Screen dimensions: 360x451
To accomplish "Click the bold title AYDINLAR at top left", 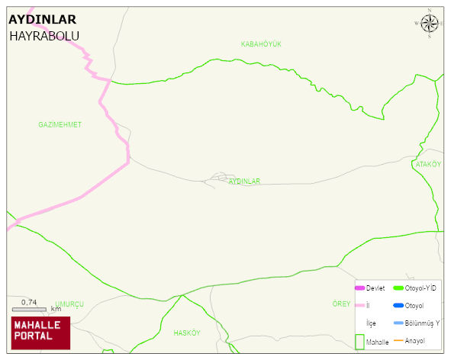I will pyautogui.click(x=42, y=20).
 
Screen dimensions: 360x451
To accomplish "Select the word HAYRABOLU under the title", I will pyautogui.click(x=44, y=36).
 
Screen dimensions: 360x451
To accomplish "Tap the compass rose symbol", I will pyautogui.click(x=430, y=24).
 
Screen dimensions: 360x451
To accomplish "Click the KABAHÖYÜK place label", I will pyautogui.click(x=261, y=44).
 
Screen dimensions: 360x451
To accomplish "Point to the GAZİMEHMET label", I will pyautogui.click(x=60, y=124).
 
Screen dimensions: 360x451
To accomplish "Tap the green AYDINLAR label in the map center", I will pyautogui.click(x=244, y=182).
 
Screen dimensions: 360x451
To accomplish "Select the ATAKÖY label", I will pyautogui.click(x=428, y=164).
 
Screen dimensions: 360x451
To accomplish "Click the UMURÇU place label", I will pyautogui.click(x=69, y=304).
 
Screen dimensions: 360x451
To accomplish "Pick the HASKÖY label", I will pyautogui.click(x=186, y=333).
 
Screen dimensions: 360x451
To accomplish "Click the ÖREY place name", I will pyautogui.click(x=341, y=304).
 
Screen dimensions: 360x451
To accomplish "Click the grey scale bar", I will pyautogui.click(x=30, y=310).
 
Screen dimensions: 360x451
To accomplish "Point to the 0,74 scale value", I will pyautogui.click(x=29, y=302).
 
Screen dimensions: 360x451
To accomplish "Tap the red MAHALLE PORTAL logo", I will pyautogui.click(x=40, y=331).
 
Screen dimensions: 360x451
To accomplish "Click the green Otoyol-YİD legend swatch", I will pyautogui.click(x=398, y=288).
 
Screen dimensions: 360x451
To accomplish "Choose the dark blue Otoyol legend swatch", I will pyautogui.click(x=398, y=305).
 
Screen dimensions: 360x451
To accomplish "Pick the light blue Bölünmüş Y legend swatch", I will pyautogui.click(x=398, y=323).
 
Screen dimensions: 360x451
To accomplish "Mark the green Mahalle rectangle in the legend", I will pyautogui.click(x=359, y=341).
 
